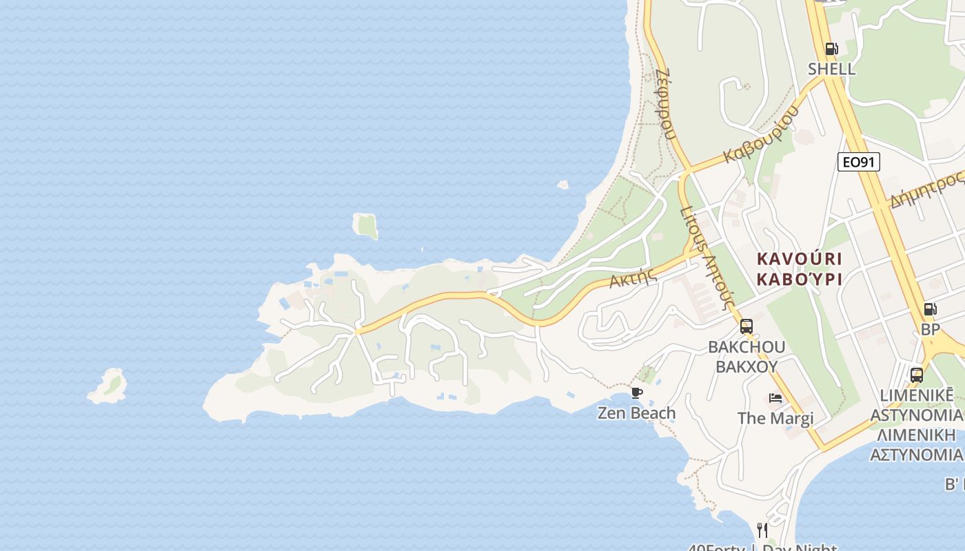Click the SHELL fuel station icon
(x=831, y=49)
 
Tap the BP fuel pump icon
(x=930, y=309)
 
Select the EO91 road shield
(x=859, y=162)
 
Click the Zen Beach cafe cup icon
(x=637, y=393)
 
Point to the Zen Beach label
(x=636, y=413)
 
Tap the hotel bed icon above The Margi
(x=775, y=398)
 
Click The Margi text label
(x=775, y=418)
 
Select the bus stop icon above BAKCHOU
(x=746, y=326)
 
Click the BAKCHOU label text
(x=746, y=346)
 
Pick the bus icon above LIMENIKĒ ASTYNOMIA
(x=917, y=375)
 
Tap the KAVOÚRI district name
(x=800, y=259)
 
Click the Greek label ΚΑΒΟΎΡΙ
(x=800, y=279)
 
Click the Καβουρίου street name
(x=761, y=135)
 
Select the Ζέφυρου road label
(x=665, y=103)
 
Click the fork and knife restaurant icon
(x=762, y=530)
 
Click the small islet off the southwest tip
(x=109, y=386)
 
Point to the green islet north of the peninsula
(x=366, y=225)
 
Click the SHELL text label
(x=831, y=69)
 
